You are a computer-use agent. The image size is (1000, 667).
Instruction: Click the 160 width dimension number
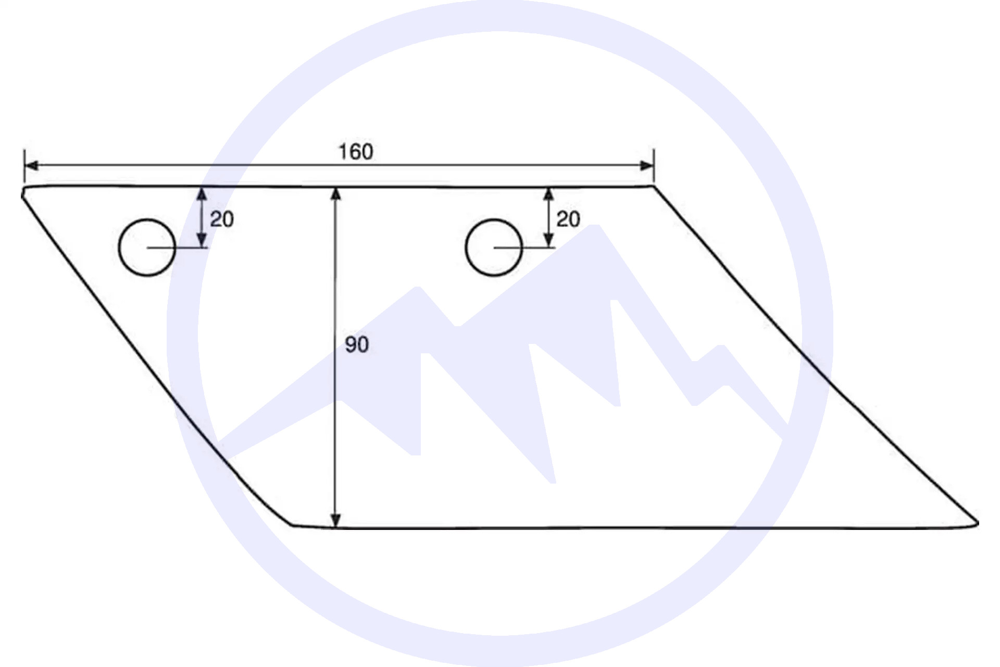tap(356, 152)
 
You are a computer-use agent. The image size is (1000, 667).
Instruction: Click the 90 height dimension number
tap(357, 344)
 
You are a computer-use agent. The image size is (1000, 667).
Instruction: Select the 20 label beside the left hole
tap(222, 219)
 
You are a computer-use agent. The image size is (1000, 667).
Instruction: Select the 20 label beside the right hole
tap(568, 219)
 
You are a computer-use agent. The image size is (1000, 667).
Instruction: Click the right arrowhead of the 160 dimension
tap(647, 166)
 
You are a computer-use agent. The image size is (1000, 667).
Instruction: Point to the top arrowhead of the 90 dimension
tap(336, 194)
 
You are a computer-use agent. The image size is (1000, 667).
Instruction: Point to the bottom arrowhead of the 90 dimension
tap(336, 521)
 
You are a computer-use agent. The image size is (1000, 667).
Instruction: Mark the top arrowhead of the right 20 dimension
tap(548, 194)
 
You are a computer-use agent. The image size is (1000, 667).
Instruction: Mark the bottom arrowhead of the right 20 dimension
tap(548, 241)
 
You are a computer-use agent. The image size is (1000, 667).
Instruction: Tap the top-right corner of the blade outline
tap(654, 186)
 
